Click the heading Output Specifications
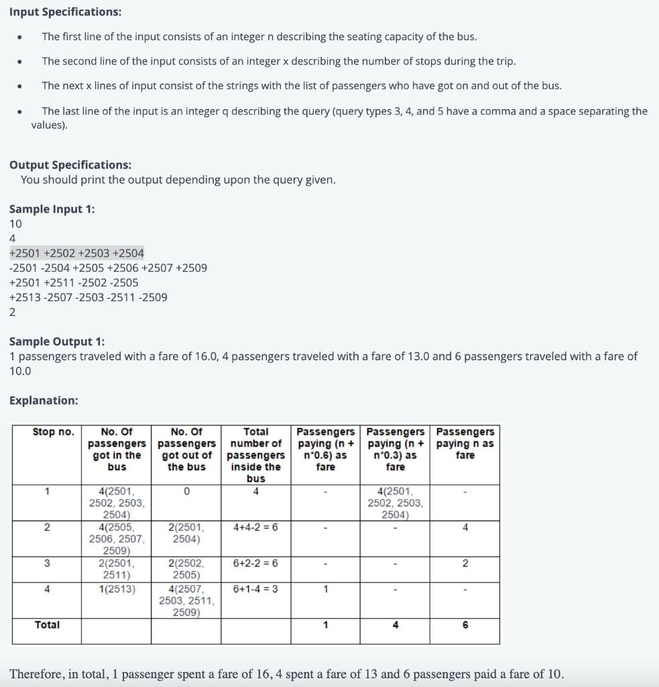tap(70, 165)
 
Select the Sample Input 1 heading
tap(52, 209)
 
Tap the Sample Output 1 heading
tap(57, 342)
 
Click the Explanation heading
tap(44, 401)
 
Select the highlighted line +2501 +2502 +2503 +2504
tap(76, 253)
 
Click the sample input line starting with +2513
tap(88, 297)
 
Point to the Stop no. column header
tap(53, 432)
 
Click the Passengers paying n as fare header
tap(465, 443)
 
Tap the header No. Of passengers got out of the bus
tap(186, 449)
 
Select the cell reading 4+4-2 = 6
tap(255, 527)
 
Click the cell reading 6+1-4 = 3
tap(255, 589)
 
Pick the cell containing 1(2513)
tap(117, 589)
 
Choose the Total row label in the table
tap(47, 625)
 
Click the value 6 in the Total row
tap(465, 625)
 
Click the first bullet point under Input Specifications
tap(21, 37)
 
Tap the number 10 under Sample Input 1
tap(15, 223)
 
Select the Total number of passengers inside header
tap(255, 454)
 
